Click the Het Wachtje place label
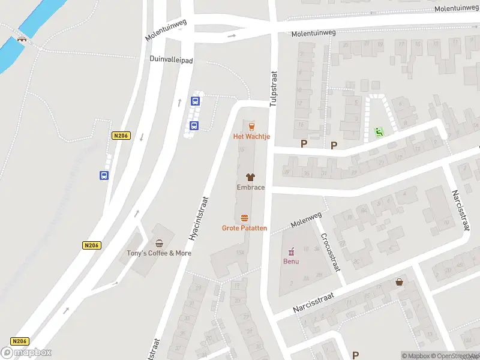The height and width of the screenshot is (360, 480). tap(251, 136)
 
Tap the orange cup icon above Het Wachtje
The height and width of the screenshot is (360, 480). tap(251, 126)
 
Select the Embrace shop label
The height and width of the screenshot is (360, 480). tap(250, 187)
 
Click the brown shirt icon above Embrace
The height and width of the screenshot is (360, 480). tap(250, 177)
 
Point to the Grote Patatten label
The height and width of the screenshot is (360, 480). tap(244, 228)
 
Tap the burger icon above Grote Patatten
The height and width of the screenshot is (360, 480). tap(244, 218)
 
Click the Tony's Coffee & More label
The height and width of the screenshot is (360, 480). tap(159, 253)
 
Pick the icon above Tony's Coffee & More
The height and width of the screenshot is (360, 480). tap(159, 243)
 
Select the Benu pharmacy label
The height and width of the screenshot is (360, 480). tap(291, 261)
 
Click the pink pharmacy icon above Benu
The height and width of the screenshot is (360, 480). tap(291, 251)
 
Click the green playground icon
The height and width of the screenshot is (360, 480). tap(378, 131)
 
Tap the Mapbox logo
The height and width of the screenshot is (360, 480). tap(26, 353)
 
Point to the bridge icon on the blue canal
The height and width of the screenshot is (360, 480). tap(22, 40)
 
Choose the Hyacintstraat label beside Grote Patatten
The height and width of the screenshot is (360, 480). tap(199, 218)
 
